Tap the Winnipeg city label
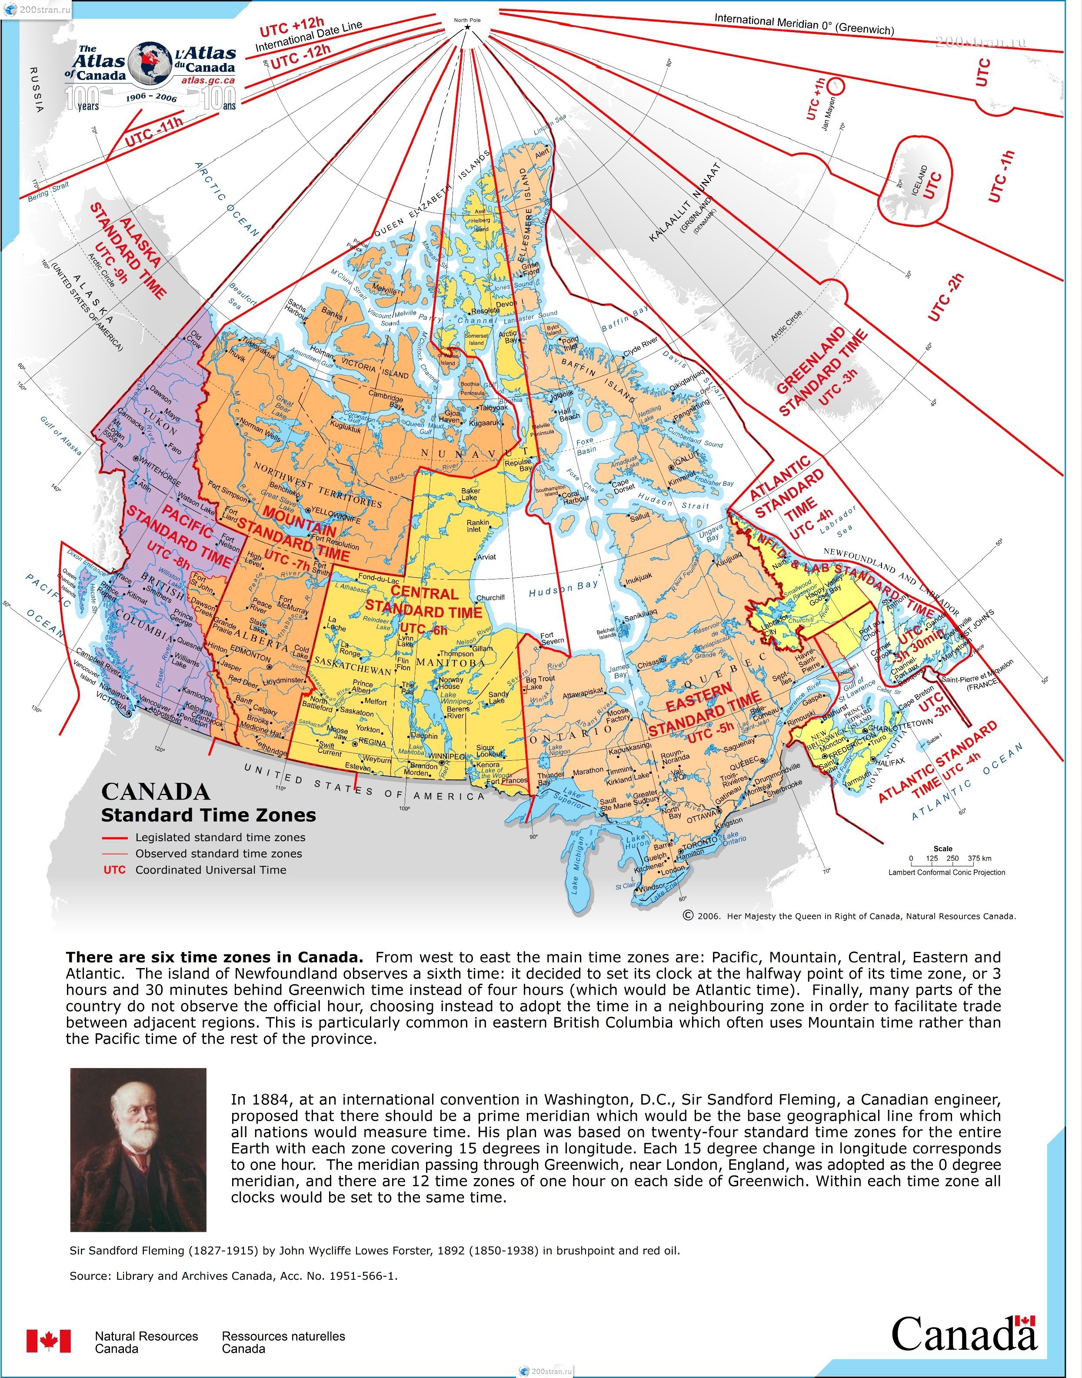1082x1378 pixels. pos(446,756)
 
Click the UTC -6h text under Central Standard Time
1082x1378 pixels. pos(424,629)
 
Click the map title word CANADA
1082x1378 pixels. pos(155,792)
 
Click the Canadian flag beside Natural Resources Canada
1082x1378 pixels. pos(49,1341)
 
